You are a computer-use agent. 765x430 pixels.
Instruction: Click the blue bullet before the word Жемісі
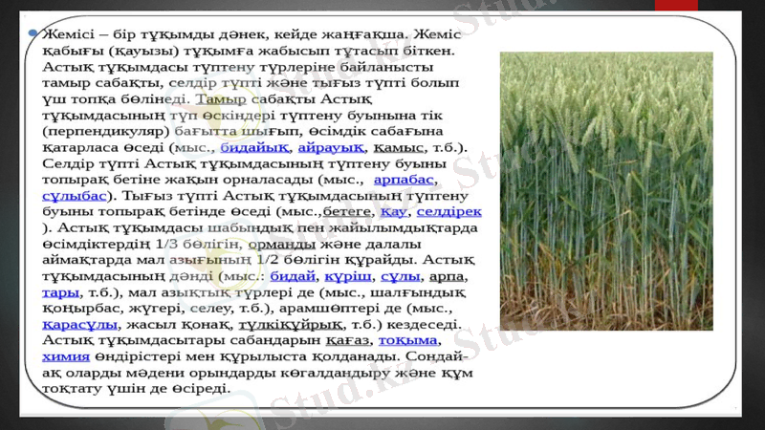tap(34, 32)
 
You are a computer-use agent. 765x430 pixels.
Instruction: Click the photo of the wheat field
tap(606, 191)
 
